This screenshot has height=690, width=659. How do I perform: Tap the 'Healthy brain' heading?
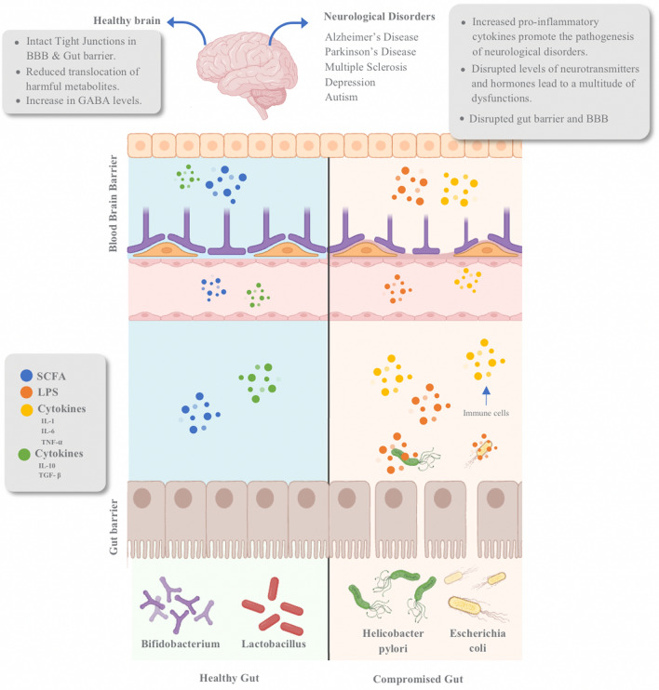click(x=128, y=20)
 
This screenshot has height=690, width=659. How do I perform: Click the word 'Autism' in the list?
click(x=342, y=97)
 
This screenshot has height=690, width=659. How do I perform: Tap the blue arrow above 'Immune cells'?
click(x=486, y=391)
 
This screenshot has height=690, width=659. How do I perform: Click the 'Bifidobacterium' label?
click(x=180, y=644)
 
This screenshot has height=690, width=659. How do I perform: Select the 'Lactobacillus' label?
click(x=273, y=644)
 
